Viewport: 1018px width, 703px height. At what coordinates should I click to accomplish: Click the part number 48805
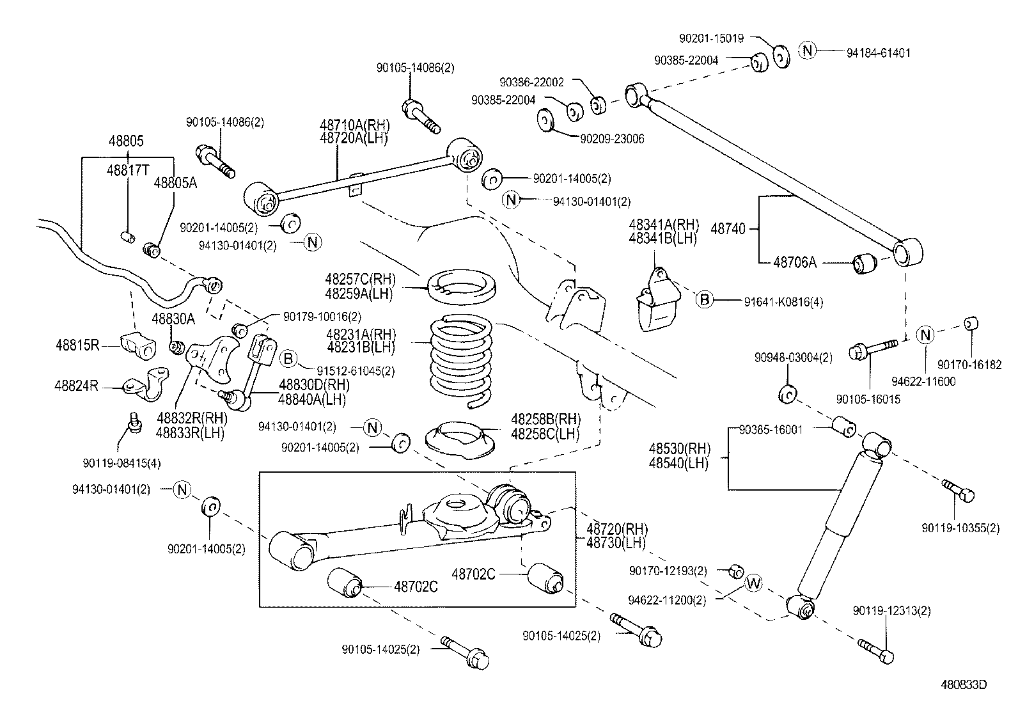click(126, 141)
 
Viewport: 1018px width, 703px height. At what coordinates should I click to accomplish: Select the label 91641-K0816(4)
click(783, 302)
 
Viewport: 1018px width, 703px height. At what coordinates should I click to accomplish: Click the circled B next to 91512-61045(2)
click(288, 359)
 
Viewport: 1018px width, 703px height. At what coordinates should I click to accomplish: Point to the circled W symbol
click(755, 583)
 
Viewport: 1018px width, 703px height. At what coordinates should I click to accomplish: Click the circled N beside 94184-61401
click(808, 50)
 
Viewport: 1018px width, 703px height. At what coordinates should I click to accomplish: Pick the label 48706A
click(794, 262)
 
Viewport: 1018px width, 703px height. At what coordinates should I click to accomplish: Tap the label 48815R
click(77, 345)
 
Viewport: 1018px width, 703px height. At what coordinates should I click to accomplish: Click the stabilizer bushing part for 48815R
click(137, 345)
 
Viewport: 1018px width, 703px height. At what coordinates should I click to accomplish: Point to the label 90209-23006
click(612, 139)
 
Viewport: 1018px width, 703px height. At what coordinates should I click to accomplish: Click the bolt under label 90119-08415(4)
click(135, 423)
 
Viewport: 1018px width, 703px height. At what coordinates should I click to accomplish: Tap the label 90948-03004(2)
click(793, 358)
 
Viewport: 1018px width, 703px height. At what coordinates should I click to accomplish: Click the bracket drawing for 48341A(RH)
click(657, 301)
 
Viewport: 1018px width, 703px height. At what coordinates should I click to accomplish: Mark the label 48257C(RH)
click(360, 280)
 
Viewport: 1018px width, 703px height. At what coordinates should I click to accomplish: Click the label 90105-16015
click(868, 399)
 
